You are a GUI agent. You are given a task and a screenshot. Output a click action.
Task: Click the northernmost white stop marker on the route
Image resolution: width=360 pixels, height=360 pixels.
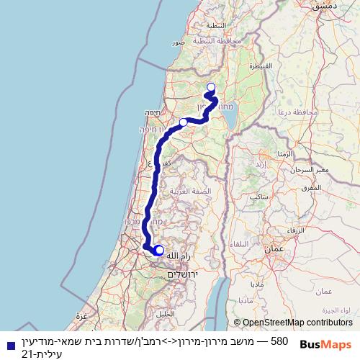[x=211, y=88]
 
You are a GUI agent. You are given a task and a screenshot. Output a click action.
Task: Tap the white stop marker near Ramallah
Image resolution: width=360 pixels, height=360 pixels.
[x=159, y=251]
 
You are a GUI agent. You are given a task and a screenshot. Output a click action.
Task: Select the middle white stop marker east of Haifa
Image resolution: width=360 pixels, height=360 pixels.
[x=184, y=122]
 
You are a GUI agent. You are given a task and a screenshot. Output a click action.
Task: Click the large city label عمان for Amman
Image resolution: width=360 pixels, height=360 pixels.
[x=275, y=248]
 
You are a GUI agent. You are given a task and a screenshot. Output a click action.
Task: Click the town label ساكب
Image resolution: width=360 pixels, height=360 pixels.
[x=260, y=195]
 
